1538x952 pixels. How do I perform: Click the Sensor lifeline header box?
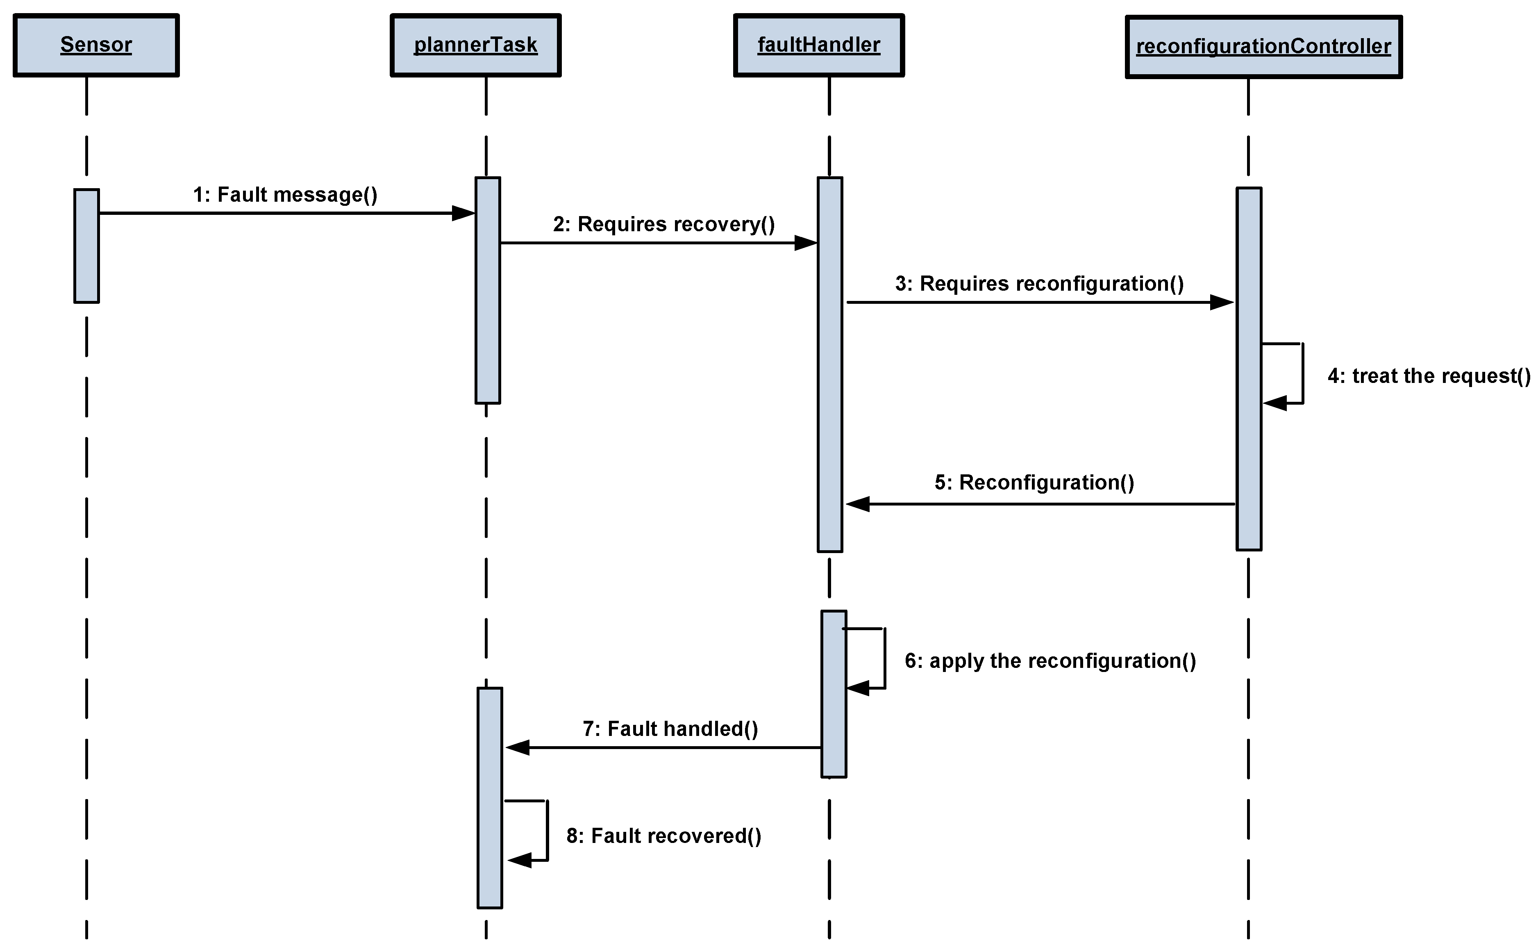(x=95, y=46)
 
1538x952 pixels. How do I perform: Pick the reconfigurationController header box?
(x=1263, y=47)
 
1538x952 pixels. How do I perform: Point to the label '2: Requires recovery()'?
(x=663, y=224)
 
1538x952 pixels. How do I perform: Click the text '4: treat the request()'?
(x=1429, y=376)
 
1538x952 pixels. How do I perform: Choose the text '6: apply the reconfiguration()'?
(x=1050, y=660)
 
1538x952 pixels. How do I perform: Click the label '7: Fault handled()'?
(x=670, y=729)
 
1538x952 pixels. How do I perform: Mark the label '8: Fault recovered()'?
(x=663, y=836)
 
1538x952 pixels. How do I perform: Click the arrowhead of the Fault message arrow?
(x=464, y=214)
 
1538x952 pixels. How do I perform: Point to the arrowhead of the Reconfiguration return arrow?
(x=857, y=504)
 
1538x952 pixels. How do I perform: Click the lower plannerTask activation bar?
(x=490, y=798)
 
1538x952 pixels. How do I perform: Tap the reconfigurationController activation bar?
(x=1249, y=368)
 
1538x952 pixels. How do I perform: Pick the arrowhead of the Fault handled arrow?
(x=517, y=747)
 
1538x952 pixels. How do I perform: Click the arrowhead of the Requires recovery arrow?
(x=806, y=243)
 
